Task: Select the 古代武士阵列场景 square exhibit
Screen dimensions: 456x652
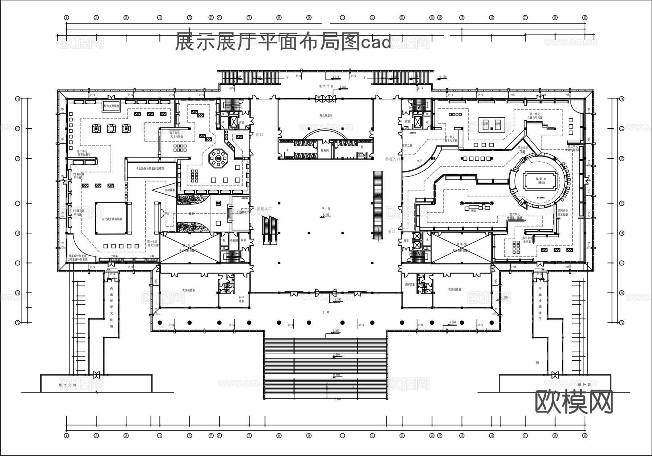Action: pyautogui.click(x=112, y=219)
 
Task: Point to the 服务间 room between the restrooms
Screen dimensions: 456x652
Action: pyautogui.click(x=325, y=150)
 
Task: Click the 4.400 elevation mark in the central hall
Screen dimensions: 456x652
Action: pyautogui.click(x=325, y=215)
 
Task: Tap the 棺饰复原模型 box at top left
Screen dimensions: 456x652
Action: pyautogui.click(x=111, y=107)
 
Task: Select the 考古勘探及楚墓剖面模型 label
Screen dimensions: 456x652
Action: pyautogui.click(x=150, y=169)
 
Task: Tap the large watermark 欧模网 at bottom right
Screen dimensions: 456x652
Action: pyautogui.click(x=574, y=402)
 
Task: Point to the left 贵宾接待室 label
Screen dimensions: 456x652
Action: pyautogui.click(x=189, y=290)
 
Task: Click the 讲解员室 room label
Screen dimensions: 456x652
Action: pyautogui.click(x=409, y=285)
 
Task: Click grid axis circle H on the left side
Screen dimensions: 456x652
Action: pyautogui.click(x=17, y=99)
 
